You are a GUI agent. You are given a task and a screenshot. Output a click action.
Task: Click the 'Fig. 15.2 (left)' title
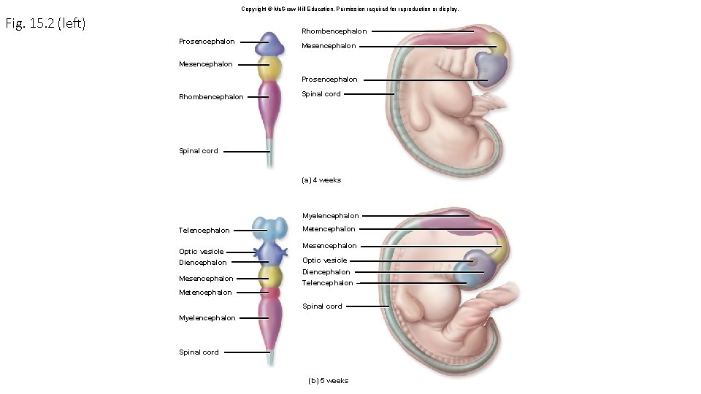[45, 24]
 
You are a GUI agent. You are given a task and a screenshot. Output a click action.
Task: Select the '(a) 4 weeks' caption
[321, 179]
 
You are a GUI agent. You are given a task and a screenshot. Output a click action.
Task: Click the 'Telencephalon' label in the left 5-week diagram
[204, 231]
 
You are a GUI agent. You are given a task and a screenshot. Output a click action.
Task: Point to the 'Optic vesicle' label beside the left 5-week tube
[202, 252]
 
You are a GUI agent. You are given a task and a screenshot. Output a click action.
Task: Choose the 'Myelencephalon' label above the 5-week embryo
[331, 216]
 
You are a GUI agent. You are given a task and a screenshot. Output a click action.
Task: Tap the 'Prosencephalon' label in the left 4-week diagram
[207, 42]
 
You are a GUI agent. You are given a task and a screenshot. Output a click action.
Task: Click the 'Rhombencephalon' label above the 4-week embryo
[334, 31]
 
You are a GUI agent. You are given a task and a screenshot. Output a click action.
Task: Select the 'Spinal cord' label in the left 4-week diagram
[199, 151]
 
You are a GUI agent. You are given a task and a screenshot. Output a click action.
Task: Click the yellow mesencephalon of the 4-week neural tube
[269, 69]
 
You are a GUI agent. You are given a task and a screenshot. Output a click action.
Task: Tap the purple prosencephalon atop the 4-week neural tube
[269, 45]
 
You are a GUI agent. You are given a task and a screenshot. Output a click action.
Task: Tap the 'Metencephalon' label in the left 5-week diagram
[205, 293]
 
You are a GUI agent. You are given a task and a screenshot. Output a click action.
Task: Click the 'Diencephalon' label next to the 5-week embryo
[326, 272]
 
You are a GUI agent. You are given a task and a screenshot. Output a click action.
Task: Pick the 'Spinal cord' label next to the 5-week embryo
[322, 306]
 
